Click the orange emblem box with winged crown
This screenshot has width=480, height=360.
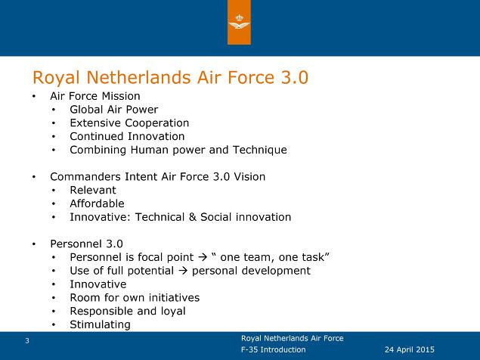(x=239, y=22)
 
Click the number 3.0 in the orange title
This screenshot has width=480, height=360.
(x=294, y=77)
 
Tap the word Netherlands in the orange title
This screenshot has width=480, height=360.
(x=138, y=77)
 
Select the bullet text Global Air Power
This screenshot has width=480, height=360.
(x=114, y=110)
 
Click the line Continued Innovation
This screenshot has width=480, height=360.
(x=127, y=136)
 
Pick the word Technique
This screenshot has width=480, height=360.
(x=260, y=151)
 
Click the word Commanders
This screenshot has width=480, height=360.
(x=85, y=177)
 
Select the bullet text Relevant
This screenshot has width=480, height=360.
(x=93, y=191)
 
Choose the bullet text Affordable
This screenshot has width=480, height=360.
(x=97, y=203)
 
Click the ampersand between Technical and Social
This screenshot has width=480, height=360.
(x=193, y=217)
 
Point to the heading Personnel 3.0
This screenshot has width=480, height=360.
(x=87, y=244)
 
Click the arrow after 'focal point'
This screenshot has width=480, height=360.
(x=203, y=257)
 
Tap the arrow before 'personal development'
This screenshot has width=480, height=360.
(x=183, y=271)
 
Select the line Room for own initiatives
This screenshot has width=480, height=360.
(x=135, y=298)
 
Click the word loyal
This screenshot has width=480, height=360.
(x=173, y=312)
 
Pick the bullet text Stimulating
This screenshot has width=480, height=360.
(x=100, y=324)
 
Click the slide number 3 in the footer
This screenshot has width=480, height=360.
(x=27, y=340)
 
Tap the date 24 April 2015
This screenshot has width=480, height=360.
(x=410, y=349)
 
